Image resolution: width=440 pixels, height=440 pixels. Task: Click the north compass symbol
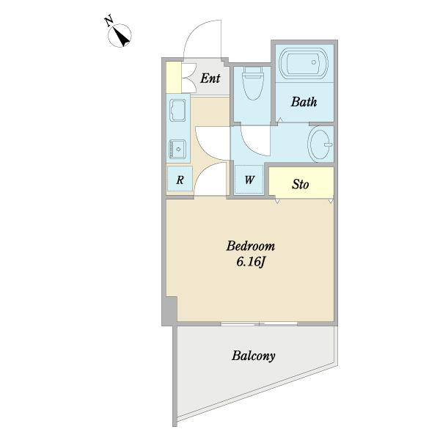tap(120, 35)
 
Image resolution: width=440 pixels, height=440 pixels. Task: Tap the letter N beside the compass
tap(109, 21)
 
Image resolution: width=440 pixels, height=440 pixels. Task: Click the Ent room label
tap(210, 78)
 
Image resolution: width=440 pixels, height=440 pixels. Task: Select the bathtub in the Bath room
tap(304, 64)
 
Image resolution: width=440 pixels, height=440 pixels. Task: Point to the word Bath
tap(304, 102)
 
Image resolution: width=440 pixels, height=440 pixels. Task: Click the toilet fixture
tap(253, 83)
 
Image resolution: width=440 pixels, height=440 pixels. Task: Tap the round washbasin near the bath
tap(320, 144)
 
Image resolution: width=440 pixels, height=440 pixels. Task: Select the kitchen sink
tap(177, 111)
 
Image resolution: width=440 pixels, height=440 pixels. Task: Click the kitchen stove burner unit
tap(177, 150)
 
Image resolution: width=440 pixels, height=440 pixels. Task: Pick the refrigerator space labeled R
tap(180, 179)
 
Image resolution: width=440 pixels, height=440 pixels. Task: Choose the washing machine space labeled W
tap(249, 180)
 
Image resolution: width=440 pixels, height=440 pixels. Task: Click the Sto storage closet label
tap(300, 184)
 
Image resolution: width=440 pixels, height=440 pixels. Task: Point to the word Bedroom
tap(251, 246)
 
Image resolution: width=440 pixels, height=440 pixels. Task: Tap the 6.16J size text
tap(250, 262)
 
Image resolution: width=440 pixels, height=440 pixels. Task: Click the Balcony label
tap(254, 356)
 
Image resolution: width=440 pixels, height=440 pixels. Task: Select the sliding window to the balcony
tap(259, 324)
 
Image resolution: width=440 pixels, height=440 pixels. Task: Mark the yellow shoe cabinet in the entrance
tap(174, 78)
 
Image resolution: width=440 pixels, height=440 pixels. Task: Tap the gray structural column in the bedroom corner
tap(169, 311)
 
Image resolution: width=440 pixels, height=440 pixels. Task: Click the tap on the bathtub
tap(314, 62)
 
